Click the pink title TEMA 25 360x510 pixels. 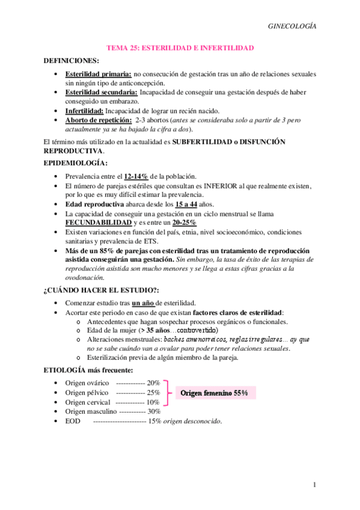tap(180, 48)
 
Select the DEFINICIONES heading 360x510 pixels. tap(72, 61)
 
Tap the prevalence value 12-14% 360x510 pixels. tap(138, 176)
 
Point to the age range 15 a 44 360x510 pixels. tap(187, 204)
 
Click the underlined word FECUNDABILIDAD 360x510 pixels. tap(98, 223)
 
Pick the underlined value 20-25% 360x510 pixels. tap(184, 223)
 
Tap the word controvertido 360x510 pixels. tap(194, 330)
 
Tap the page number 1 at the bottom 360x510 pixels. tap(314, 485)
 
